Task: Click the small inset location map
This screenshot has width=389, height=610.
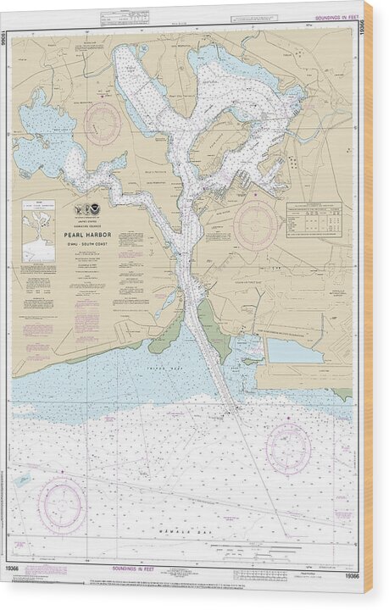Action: (x=38, y=230)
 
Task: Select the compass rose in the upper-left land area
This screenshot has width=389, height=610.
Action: (x=103, y=124)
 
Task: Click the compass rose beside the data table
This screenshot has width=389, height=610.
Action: (x=255, y=225)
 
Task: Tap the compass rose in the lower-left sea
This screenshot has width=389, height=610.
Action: (x=63, y=505)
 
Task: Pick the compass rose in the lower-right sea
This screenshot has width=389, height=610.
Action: (x=288, y=448)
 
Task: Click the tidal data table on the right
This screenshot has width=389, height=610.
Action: (x=314, y=219)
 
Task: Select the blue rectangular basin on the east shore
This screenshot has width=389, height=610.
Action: (x=295, y=351)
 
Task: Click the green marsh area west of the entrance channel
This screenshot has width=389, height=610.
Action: (x=166, y=339)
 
